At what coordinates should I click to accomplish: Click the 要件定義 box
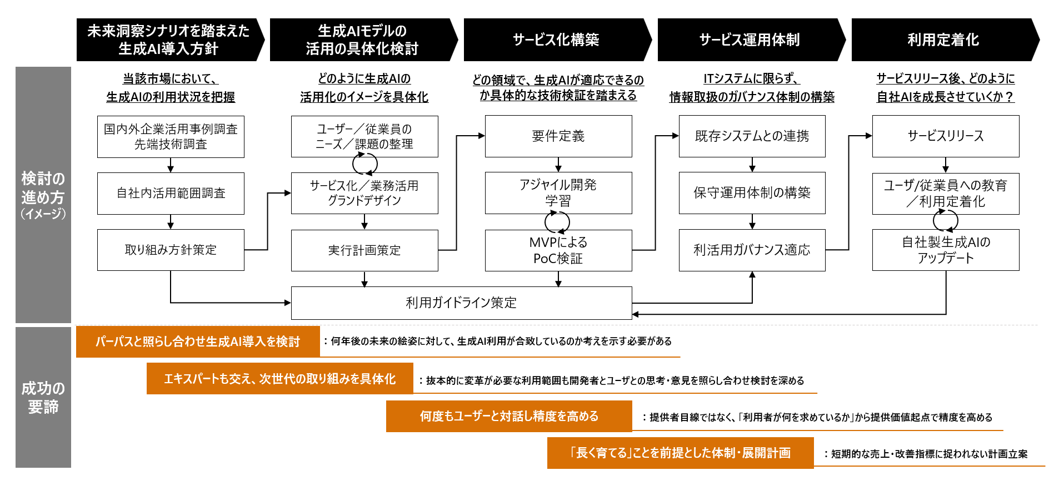[558, 136]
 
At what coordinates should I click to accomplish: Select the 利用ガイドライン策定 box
[461, 303]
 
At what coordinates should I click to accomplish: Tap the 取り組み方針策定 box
[171, 250]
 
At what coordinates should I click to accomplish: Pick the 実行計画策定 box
[364, 250]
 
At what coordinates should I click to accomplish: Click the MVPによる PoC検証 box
[558, 250]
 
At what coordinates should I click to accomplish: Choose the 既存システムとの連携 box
[752, 136]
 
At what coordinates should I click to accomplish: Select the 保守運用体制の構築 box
[752, 193]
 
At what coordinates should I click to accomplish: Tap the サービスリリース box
[945, 136]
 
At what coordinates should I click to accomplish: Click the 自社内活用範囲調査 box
[171, 193]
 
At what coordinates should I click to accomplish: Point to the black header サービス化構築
[556, 39]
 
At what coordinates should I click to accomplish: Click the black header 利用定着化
[943, 39]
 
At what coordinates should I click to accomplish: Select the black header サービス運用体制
[750, 39]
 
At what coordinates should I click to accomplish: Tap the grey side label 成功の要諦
[43, 397]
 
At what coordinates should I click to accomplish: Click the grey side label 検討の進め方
[43, 195]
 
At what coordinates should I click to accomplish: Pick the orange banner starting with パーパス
[198, 342]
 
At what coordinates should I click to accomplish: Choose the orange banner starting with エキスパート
[279, 379]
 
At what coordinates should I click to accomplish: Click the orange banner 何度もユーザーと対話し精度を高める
[509, 416]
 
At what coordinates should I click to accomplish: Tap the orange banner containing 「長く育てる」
[680, 453]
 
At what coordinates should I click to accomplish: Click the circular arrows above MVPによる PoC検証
[557, 222]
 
